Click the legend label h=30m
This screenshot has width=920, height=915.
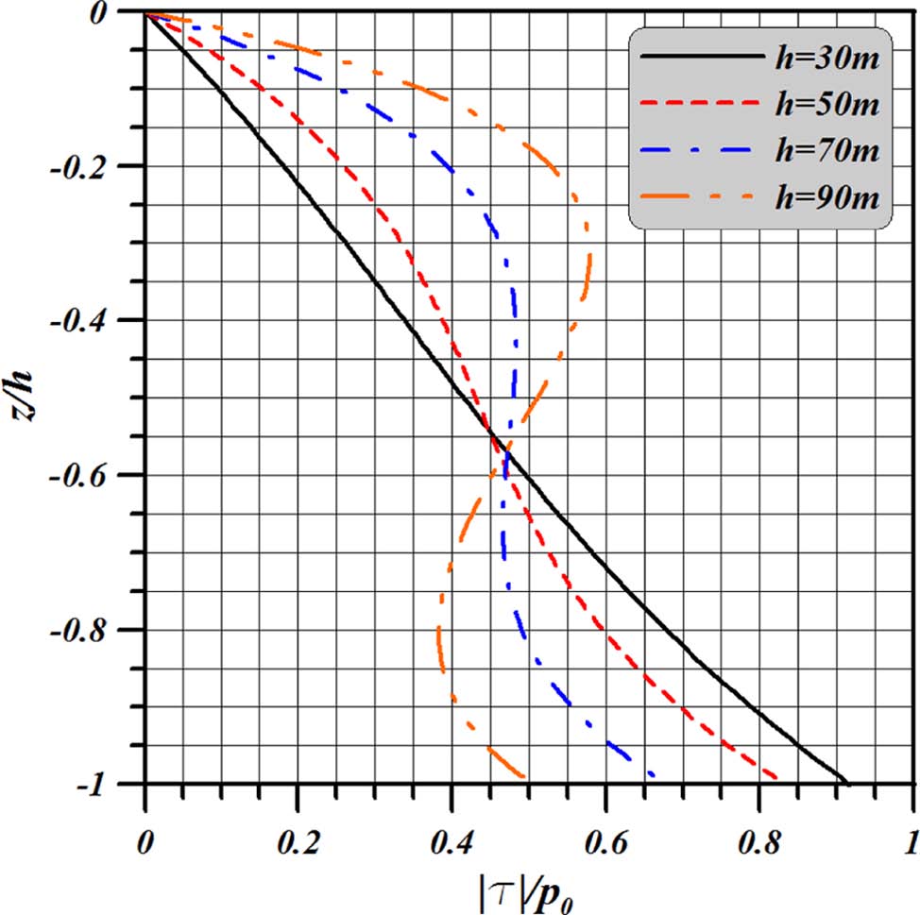(x=827, y=61)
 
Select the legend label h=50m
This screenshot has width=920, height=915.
(x=827, y=106)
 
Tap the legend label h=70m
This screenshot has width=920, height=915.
(x=827, y=151)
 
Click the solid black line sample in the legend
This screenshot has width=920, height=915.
(x=702, y=58)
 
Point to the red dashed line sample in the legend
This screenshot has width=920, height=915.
(x=702, y=103)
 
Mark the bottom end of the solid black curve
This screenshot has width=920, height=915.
(x=848, y=783)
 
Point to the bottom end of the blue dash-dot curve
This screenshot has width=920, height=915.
(x=652, y=777)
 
